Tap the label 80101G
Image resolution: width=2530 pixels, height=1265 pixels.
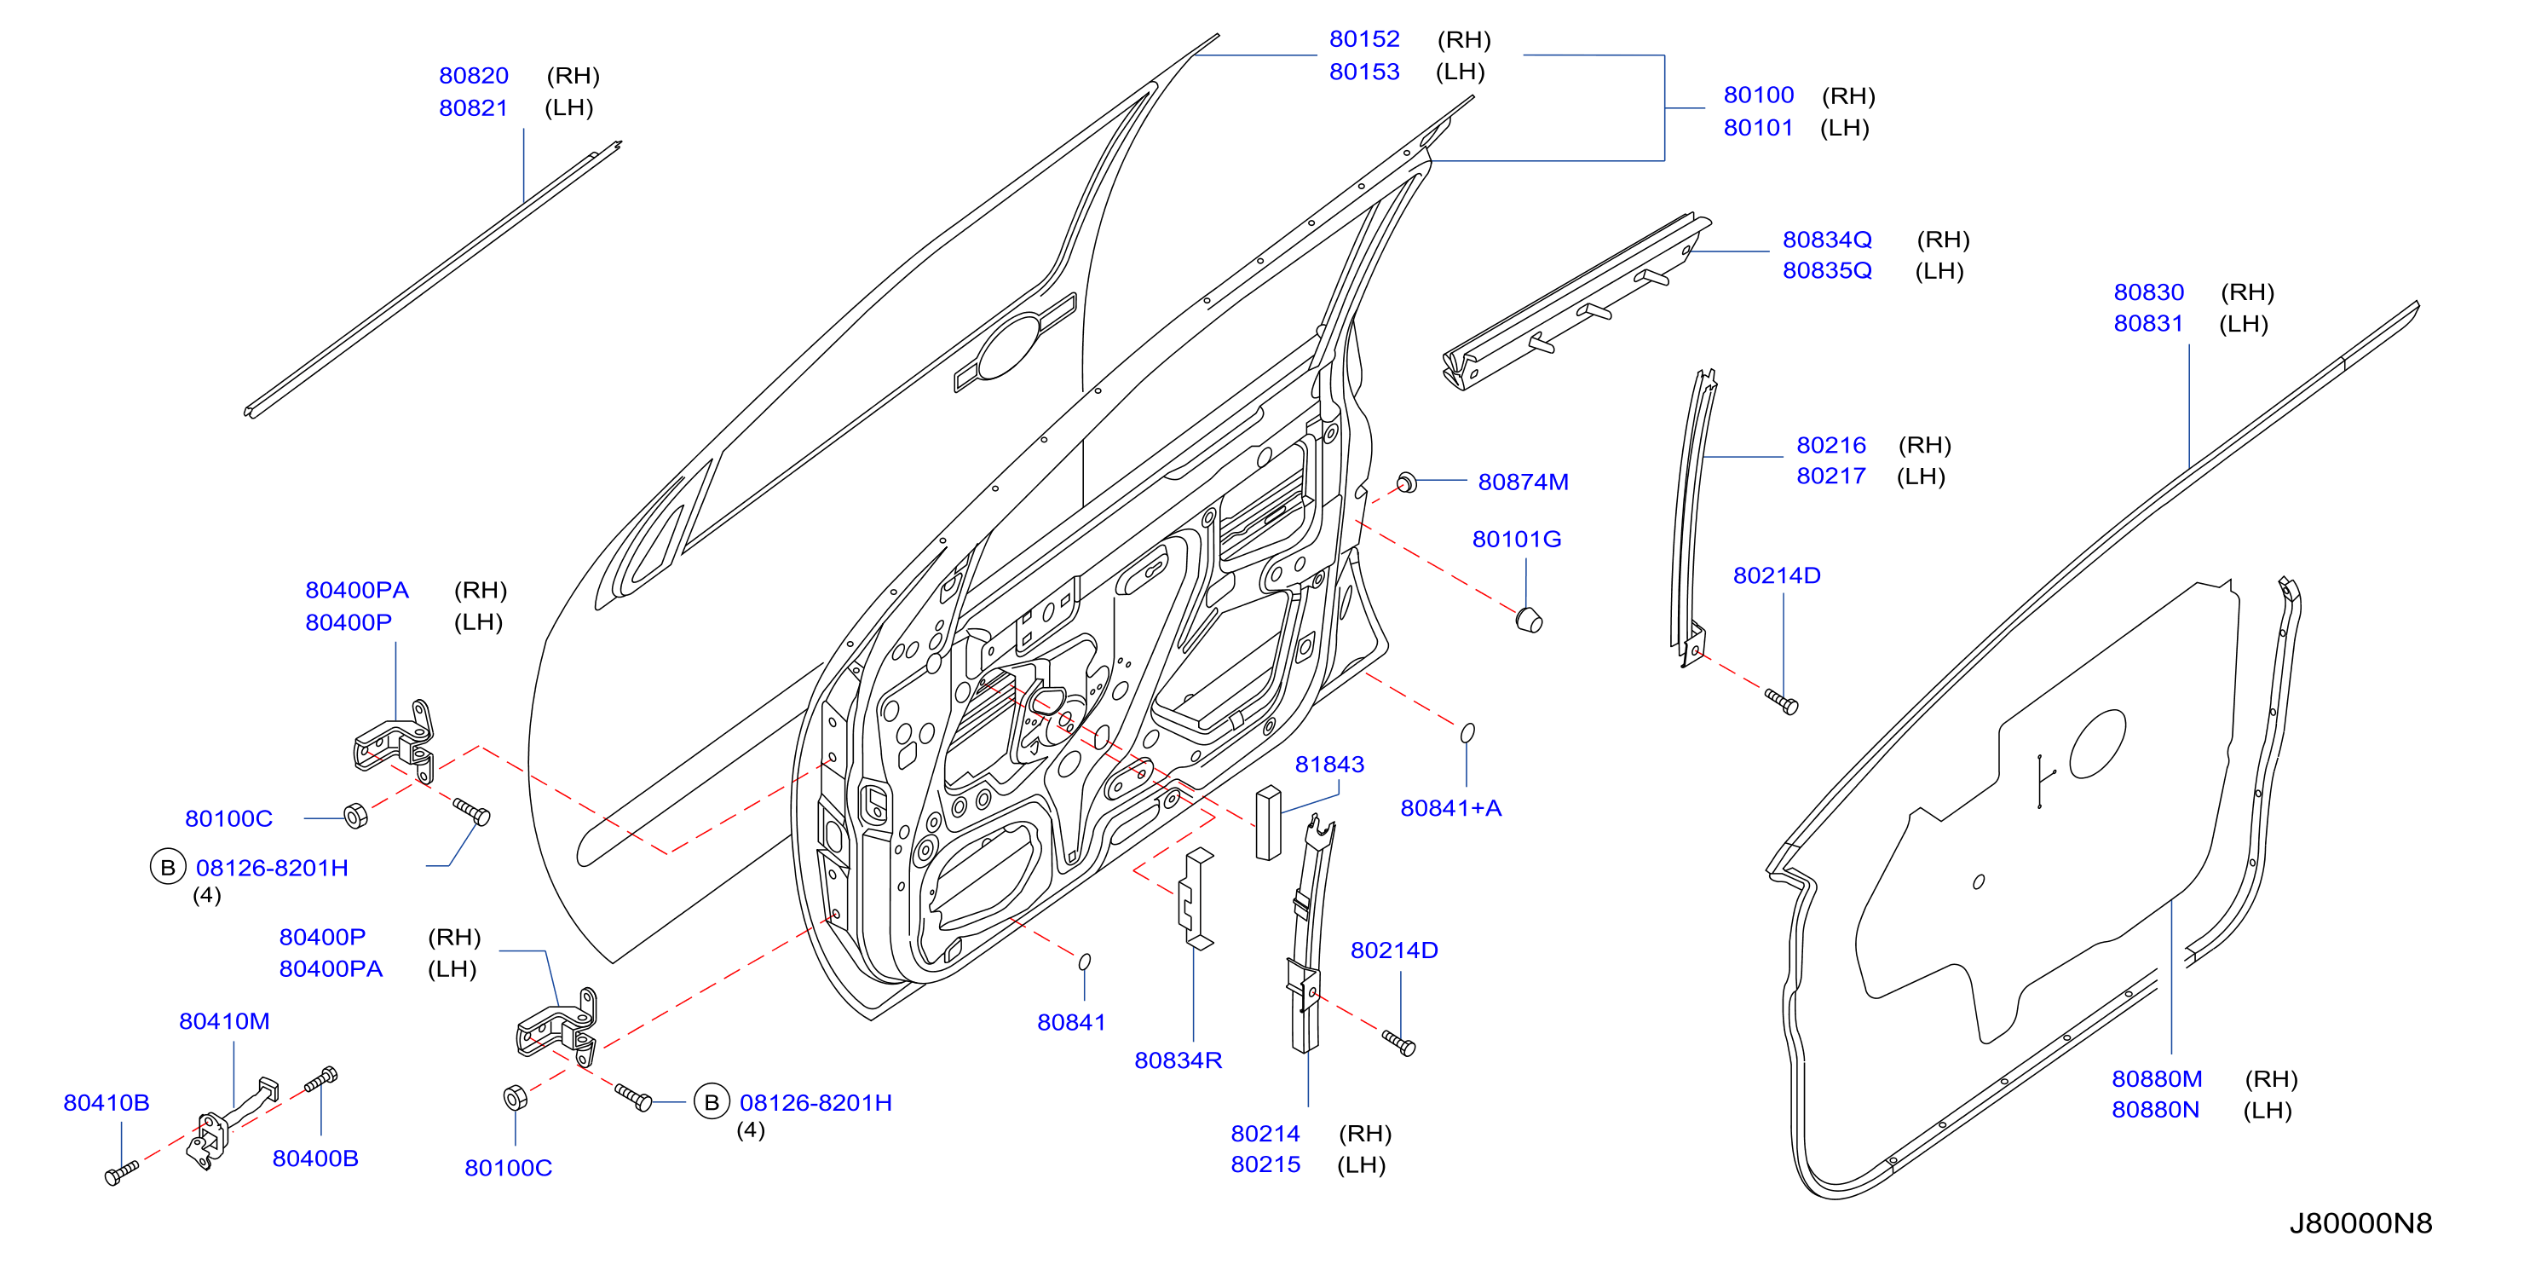point(1517,540)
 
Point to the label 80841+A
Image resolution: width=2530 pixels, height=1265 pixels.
point(1450,808)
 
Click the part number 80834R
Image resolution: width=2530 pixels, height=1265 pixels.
point(1178,1060)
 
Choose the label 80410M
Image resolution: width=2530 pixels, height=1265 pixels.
point(224,1021)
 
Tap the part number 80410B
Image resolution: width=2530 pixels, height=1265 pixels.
point(106,1103)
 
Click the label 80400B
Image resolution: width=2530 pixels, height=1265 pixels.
point(315,1159)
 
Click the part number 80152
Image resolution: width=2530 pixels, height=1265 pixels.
point(1364,39)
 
